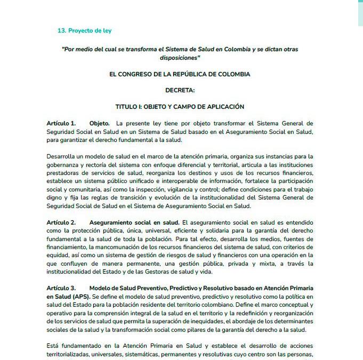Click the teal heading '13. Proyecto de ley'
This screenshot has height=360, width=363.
coord(84,31)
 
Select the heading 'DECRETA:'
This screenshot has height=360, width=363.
coord(180,91)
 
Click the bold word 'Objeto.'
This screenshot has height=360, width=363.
coord(100,124)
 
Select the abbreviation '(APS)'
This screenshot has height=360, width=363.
coord(80,297)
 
